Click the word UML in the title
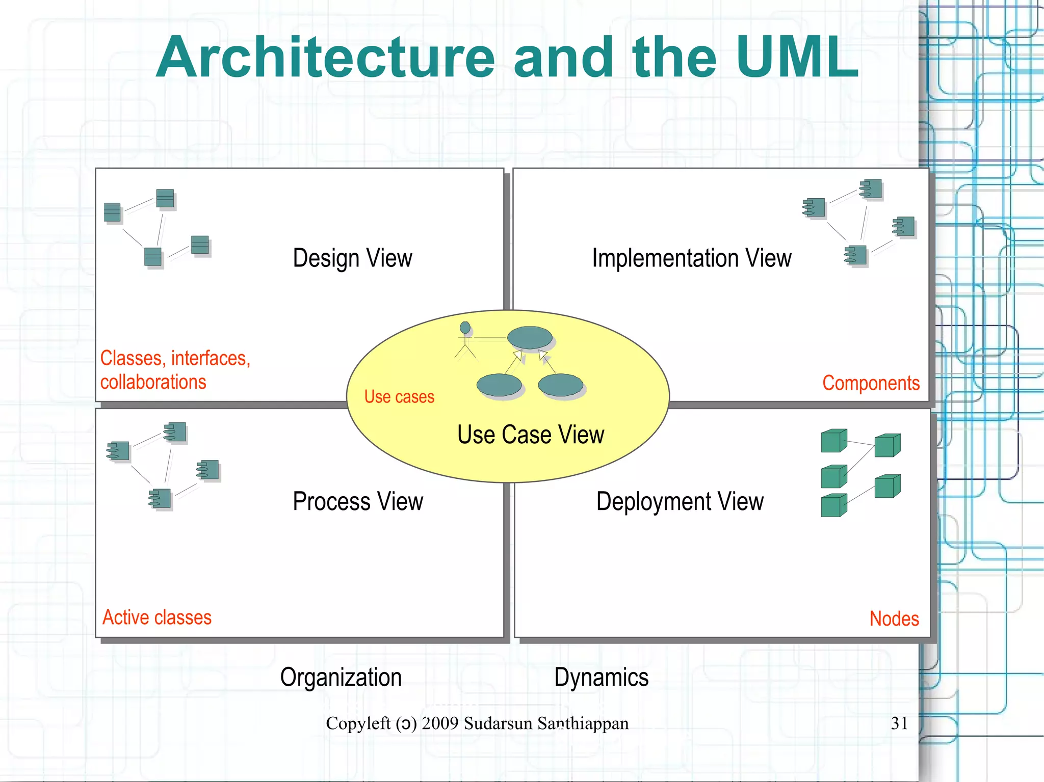[x=797, y=58]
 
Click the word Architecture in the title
[x=325, y=58]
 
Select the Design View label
[x=352, y=258]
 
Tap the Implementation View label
[x=691, y=258]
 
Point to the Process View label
[x=357, y=501]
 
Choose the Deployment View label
[x=680, y=501]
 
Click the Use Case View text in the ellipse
[x=530, y=435]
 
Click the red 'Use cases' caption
[x=399, y=397]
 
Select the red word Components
[x=871, y=383]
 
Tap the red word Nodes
[x=894, y=618]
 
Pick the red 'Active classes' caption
[x=157, y=617]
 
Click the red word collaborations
[x=153, y=382]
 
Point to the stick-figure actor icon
[x=465, y=340]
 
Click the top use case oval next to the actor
[x=530, y=337]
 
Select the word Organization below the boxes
[x=341, y=678]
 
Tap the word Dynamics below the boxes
[x=601, y=678]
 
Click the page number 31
[x=899, y=723]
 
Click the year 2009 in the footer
[x=440, y=723]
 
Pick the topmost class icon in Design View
[x=165, y=198]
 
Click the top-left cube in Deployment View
[x=833, y=441]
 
